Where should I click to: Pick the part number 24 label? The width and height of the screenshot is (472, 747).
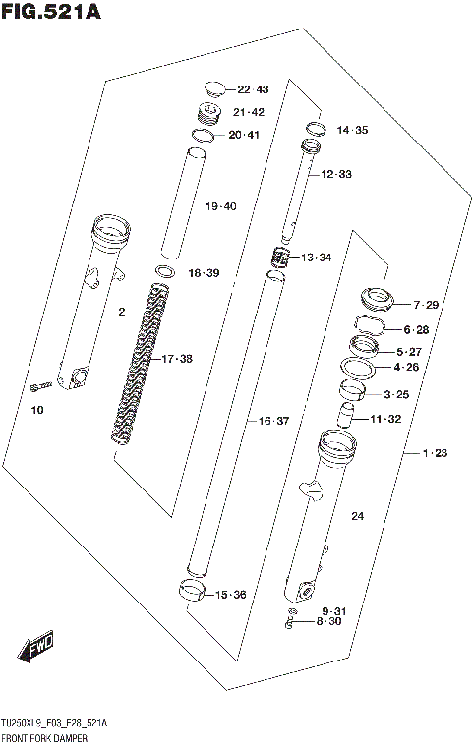pyautogui.click(x=357, y=516)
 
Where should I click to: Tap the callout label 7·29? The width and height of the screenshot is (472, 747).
pyautogui.click(x=426, y=305)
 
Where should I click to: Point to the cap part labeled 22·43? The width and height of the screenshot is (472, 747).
pyautogui.click(x=215, y=88)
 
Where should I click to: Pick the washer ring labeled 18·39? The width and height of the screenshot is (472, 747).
pyautogui.click(x=165, y=271)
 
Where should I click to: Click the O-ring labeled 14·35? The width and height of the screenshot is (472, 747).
pyautogui.click(x=316, y=128)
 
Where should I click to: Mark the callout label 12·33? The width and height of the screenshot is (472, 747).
pyautogui.click(x=335, y=174)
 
